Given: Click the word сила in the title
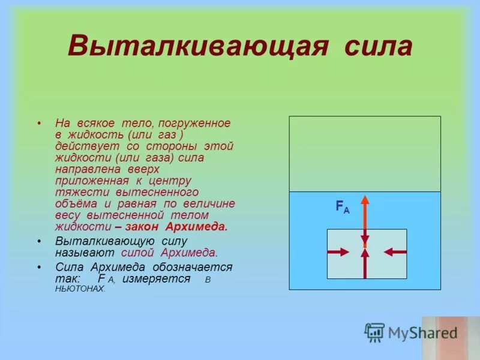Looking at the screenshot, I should click(x=378, y=47).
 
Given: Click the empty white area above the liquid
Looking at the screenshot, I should click(x=365, y=154).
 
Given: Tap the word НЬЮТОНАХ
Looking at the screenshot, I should click(x=80, y=289).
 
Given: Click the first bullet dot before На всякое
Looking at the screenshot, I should click(x=39, y=123).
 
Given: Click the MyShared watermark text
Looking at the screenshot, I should click(x=422, y=332).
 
